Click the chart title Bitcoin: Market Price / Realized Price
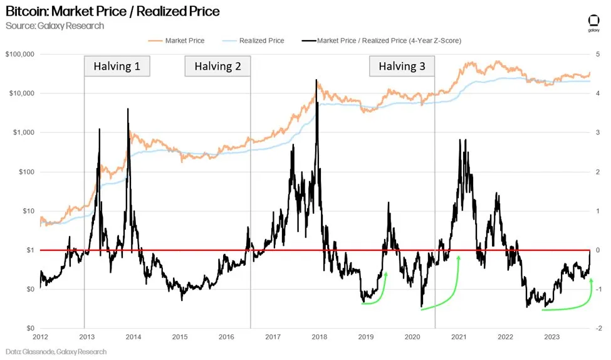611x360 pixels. pyautogui.click(x=112, y=11)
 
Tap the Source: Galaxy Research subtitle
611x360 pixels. pyautogui.click(x=55, y=26)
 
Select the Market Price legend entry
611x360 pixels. pyautogui.click(x=184, y=41)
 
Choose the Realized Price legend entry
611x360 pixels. pyautogui.click(x=261, y=41)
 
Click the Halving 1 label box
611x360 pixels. pyautogui.click(x=117, y=66)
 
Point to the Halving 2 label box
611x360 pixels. pyautogui.click(x=217, y=66)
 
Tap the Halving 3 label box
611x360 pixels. pyautogui.click(x=402, y=66)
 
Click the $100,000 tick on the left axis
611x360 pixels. pyautogui.click(x=19, y=54)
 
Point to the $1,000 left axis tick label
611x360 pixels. pyautogui.click(x=23, y=132)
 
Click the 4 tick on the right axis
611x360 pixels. pyautogui.click(x=598, y=93)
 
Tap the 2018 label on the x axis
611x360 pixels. pyautogui.click(x=319, y=337)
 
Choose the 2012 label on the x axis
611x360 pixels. pyautogui.click(x=41, y=337)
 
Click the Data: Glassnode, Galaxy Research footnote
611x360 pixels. pyautogui.click(x=55, y=352)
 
